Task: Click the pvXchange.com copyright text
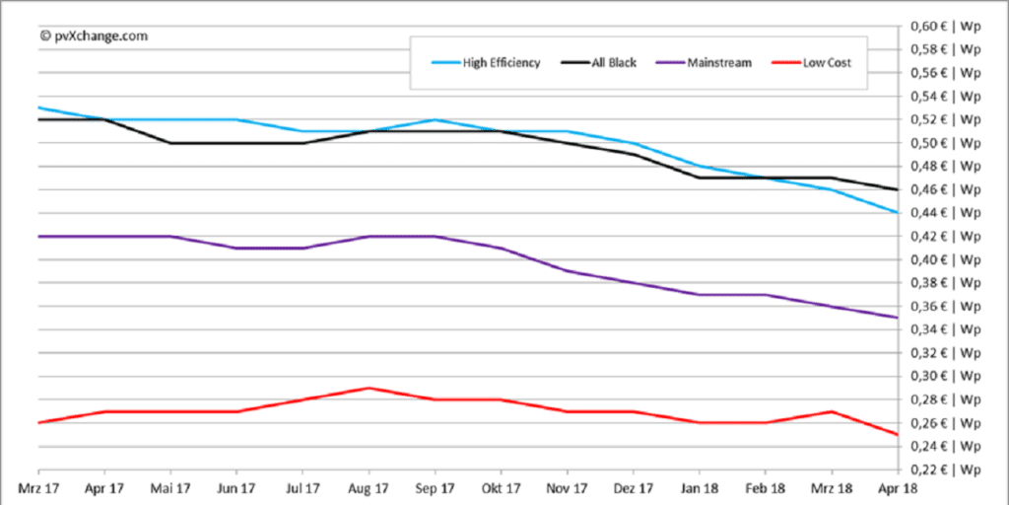(94, 35)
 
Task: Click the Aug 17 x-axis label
(369, 488)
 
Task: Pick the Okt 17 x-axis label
(501, 488)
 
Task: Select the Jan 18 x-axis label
(699, 488)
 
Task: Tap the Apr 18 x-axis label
(897, 488)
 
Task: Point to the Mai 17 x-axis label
(170, 488)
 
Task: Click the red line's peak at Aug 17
(369, 388)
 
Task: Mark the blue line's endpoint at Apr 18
(897, 213)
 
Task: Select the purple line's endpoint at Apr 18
(897, 318)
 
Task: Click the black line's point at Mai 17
(170, 143)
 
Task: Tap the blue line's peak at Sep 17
(435, 119)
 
